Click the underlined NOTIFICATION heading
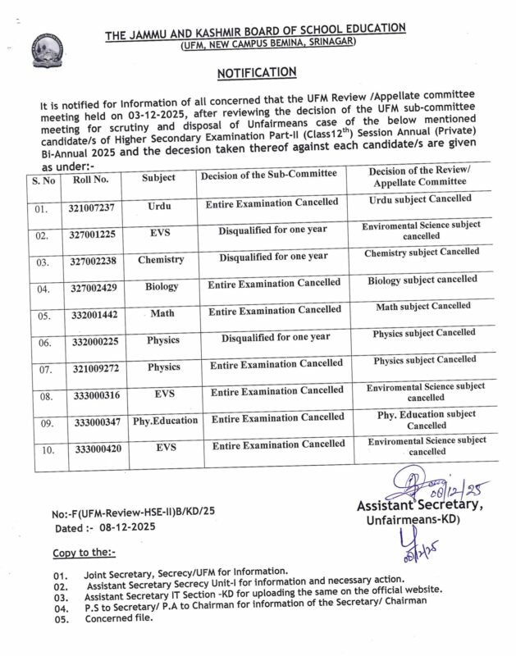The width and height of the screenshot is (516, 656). pyautogui.click(x=256, y=73)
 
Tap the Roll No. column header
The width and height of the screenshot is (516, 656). pyautogui.click(x=89, y=176)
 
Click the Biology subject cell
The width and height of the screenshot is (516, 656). pyautogui.click(x=162, y=288)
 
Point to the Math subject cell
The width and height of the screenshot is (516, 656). pyautogui.click(x=162, y=314)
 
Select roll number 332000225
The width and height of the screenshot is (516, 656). pyautogui.click(x=96, y=340)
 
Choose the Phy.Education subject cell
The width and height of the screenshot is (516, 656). pyautogui.click(x=165, y=421)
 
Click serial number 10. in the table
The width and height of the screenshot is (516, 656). pyautogui.click(x=47, y=449)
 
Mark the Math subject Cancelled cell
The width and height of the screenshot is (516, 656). pyautogui.click(x=422, y=306)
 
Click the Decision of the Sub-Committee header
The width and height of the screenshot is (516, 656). pyautogui.click(x=268, y=175)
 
